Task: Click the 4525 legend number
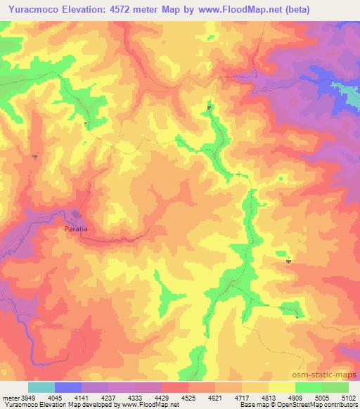click(187, 396)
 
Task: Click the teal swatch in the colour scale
click(41, 387)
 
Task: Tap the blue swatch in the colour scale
click(68, 387)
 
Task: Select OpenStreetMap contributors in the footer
click(321, 404)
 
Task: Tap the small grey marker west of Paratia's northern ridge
click(34, 156)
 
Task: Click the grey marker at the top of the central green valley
click(210, 108)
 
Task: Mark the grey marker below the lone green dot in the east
click(289, 261)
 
